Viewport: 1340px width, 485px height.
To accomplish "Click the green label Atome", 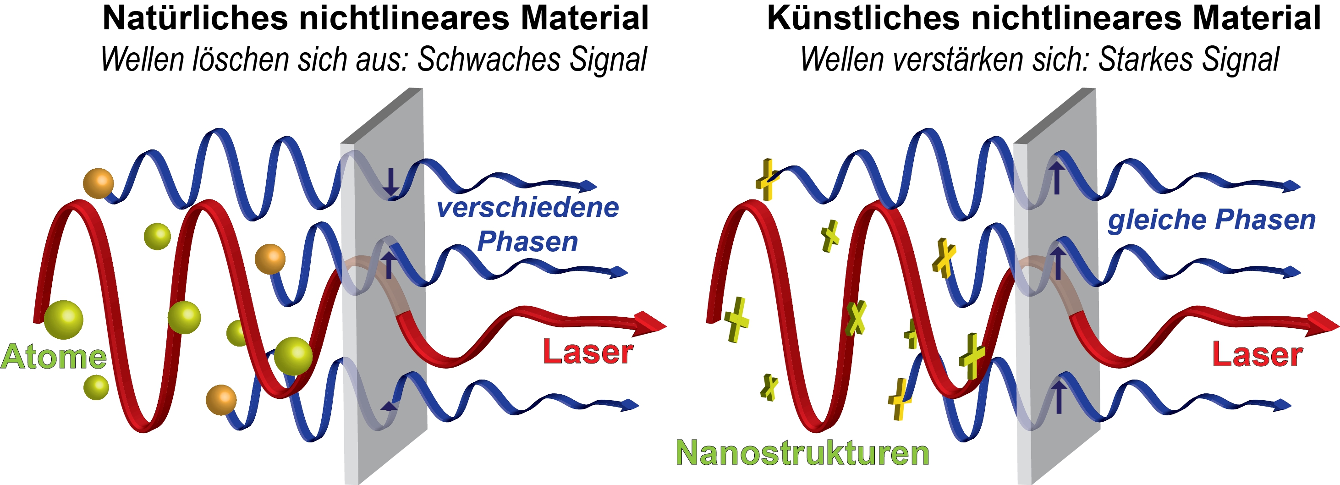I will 54,357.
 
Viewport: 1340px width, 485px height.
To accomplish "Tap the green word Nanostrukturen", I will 802,453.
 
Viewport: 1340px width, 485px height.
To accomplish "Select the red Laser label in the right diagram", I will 1258,355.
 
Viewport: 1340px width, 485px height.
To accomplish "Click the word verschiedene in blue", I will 527,208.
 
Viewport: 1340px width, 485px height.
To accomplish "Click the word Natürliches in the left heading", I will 196,18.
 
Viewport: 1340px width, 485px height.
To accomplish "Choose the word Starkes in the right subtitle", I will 1142,59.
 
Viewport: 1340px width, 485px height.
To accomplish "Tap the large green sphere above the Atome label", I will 63,320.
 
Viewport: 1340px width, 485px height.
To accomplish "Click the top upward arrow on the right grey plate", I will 1056,177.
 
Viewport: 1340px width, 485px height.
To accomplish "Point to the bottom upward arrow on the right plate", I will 1059,397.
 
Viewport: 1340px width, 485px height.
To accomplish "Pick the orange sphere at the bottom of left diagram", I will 221,400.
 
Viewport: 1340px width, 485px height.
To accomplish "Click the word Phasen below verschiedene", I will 527,242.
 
